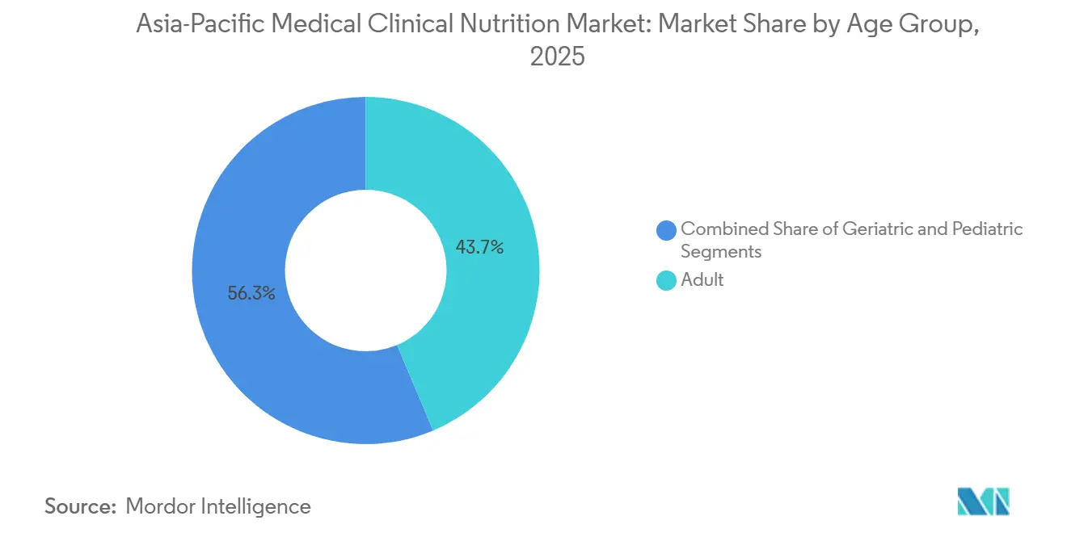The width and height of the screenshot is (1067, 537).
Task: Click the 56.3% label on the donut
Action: (251, 294)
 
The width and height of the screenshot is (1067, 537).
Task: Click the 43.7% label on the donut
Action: (479, 248)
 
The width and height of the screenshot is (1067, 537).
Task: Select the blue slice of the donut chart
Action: (242, 355)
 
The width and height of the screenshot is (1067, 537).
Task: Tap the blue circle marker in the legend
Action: (666, 230)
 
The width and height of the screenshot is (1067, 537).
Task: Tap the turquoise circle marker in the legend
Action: (666, 281)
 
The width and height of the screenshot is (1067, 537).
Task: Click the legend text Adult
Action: (702, 280)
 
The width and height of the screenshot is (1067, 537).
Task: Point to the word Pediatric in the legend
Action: (987, 229)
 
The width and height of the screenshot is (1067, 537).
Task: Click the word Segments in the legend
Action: (721, 251)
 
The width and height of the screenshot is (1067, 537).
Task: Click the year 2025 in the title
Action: (557, 57)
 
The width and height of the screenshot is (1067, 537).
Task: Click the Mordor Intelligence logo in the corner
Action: (983, 501)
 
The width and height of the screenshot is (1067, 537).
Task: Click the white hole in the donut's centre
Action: (365, 271)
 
